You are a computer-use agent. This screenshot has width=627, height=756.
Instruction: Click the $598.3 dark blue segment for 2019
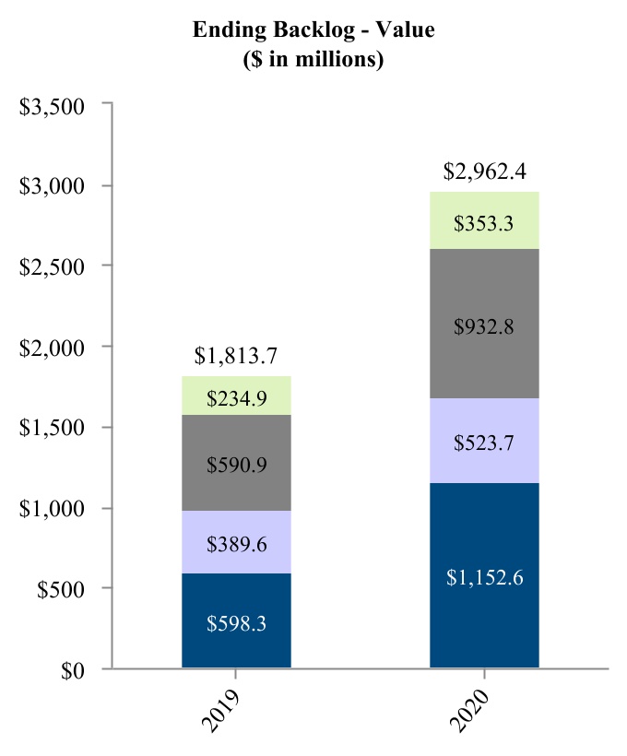pyautogui.click(x=236, y=621)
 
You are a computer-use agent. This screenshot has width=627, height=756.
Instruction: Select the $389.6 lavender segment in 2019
pyautogui.click(x=236, y=542)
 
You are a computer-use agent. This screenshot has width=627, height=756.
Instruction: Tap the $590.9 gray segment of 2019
pyautogui.click(x=236, y=463)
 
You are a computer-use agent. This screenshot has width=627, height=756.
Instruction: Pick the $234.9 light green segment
pyautogui.click(x=236, y=396)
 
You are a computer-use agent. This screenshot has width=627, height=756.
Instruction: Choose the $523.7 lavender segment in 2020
pyautogui.click(x=484, y=441)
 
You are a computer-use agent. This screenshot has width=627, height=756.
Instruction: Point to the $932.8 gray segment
pyautogui.click(x=484, y=324)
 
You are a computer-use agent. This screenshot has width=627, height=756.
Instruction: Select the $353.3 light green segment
pyautogui.click(x=484, y=221)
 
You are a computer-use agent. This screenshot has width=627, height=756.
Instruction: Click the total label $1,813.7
pyautogui.click(x=236, y=356)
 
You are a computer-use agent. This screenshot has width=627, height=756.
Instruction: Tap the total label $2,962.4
pyautogui.click(x=484, y=171)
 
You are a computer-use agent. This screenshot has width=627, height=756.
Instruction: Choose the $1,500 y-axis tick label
pyautogui.click(x=53, y=428)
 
